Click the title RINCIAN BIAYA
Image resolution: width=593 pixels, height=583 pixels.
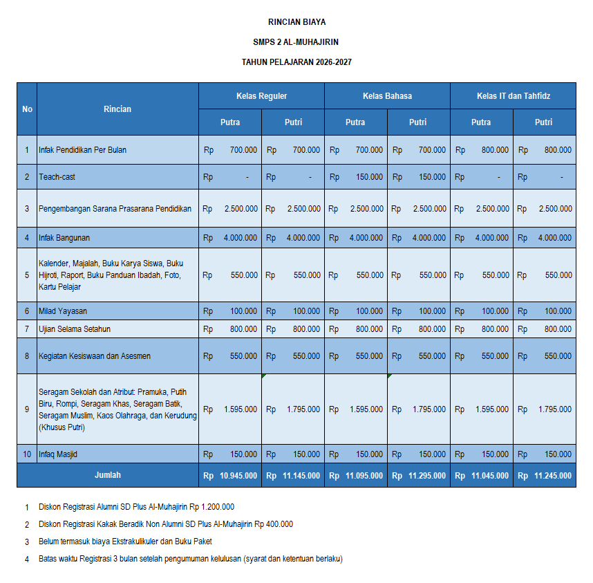pos(296,22)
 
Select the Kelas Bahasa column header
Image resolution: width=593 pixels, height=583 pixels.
pos(387,96)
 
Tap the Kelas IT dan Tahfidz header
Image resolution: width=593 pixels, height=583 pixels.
pos(513,96)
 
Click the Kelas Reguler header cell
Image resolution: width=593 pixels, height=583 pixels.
pos(261,96)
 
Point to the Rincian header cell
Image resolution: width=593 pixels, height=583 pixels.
pos(117,109)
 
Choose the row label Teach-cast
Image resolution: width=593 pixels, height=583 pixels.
pos(57,177)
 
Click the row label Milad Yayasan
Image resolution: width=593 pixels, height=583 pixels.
pos(63,311)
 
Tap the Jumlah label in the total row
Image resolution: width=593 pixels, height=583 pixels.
pos(108,475)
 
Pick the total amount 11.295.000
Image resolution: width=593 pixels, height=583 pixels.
pos(426,476)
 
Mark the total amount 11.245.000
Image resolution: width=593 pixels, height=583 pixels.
pos(552,476)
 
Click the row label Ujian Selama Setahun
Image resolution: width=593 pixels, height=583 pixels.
pos(75,329)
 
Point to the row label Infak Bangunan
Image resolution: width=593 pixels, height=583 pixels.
pos(64,238)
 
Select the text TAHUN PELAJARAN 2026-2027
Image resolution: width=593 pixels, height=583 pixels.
pos(296,62)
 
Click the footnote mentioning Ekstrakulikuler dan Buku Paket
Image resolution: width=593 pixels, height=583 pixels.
pos(125,542)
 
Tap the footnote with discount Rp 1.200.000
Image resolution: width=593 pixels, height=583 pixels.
pos(136,507)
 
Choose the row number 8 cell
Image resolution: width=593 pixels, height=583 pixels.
pos(27,356)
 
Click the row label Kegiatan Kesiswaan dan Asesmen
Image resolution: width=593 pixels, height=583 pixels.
pos(95,356)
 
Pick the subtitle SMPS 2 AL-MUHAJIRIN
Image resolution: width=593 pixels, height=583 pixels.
pos(296,42)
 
